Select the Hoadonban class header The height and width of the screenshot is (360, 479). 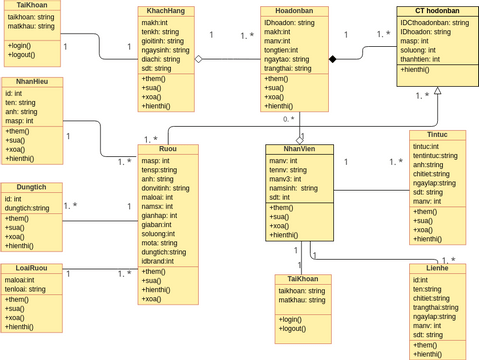[x=294, y=11]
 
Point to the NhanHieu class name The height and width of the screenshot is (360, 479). [x=32, y=82]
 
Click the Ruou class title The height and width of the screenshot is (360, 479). [x=167, y=149]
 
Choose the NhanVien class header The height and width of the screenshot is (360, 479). [x=299, y=149]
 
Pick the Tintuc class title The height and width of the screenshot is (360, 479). [x=437, y=135]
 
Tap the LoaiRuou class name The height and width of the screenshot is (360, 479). [x=31, y=269]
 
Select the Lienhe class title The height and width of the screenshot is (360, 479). [x=437, y=269]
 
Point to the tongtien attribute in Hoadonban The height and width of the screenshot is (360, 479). [x=284, y=50]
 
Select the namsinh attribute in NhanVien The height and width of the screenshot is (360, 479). [x=291, y=188]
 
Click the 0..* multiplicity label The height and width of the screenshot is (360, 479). [x=288, y=119]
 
